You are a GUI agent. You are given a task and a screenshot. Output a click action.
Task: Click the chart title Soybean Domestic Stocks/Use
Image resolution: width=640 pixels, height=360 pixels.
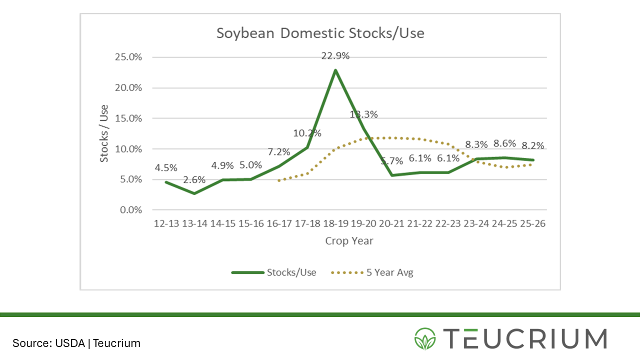pyautogui.click(x=320, y=33)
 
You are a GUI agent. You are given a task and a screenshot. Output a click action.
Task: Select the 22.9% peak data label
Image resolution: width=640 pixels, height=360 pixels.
pyautogui.click(x=335, y=56)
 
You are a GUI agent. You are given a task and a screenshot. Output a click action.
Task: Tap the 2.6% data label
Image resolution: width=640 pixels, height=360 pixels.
pyautogui.click(x=194, y=180)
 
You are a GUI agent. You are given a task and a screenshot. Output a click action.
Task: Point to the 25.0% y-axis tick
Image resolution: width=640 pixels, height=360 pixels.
pyautogui.click(x=128, y=57)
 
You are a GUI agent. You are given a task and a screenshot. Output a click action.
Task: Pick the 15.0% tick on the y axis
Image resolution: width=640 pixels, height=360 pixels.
pyautogui.click(x=128, y=118)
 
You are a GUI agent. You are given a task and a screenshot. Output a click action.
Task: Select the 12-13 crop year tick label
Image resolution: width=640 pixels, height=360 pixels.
pyautogui.click(x=166, y=224)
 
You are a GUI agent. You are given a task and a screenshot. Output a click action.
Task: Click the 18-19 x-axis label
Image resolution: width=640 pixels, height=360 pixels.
pyautogui.click(x=335, y=224)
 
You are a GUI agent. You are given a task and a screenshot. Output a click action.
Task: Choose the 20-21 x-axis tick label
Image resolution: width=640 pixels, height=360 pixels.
pyautogui.click(x=391, y=224)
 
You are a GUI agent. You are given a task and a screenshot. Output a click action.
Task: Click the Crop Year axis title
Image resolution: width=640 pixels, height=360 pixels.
pyautogui.click(x=349, y=240)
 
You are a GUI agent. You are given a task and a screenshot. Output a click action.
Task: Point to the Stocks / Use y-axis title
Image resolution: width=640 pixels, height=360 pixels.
pyautogui.click(x=104, y=133)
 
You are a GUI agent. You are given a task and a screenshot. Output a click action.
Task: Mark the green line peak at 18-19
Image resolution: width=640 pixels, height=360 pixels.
pyautogui.click(x=335, y=70)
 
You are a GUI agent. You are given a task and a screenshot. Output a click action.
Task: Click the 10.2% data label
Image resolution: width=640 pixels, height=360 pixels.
pyautogui.click(x=307, y=133)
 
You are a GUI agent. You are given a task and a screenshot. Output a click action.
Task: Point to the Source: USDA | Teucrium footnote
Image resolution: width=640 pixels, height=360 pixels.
pyautogui.click(x=76, y=343)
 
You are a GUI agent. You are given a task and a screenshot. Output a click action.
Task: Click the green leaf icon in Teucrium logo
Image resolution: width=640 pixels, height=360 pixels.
pyautogui.click(x=425, y=338)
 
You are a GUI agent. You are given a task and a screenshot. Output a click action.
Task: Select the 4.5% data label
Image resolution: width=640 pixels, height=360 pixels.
pyautogui.click(x=166, y=168)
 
